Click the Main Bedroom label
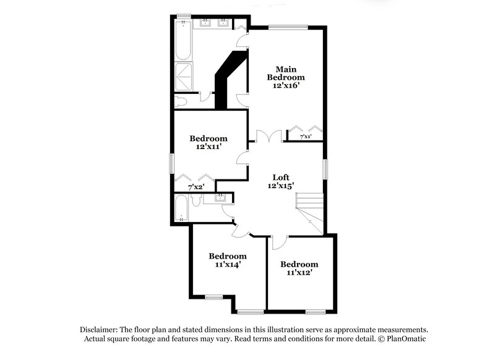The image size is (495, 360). coord(286,73)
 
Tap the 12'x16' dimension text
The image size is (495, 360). coord(286,86)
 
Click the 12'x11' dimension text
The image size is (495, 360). coord(208,147)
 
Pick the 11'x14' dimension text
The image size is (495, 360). coord(227,264)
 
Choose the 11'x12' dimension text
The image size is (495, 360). coord(299,272)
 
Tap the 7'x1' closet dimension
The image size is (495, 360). coord(306,137)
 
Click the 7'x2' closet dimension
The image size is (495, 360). coord(196,186)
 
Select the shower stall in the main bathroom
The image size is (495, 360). coord(184,77)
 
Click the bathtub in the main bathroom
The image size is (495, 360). coord(184,41)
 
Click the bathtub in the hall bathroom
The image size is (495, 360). coord(182,208)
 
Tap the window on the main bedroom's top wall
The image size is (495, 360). coord(288,27)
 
